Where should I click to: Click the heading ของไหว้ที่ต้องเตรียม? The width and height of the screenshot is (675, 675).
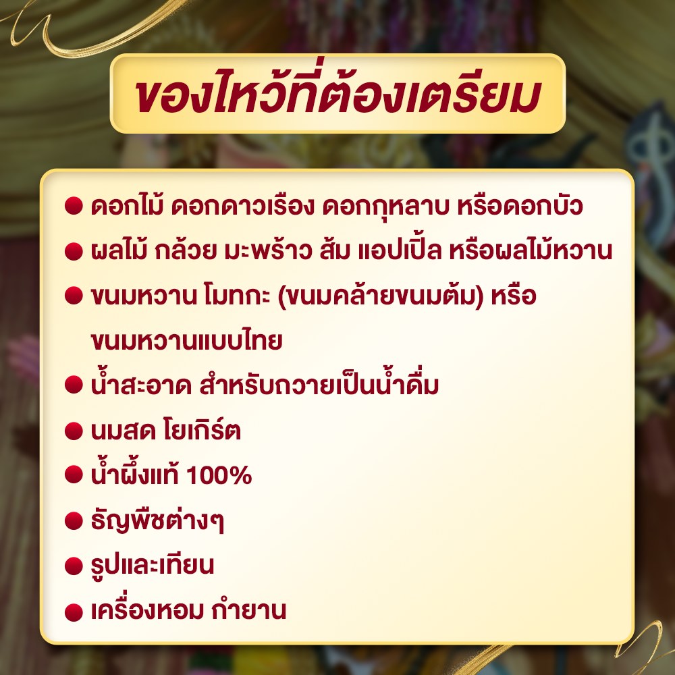point(338,93)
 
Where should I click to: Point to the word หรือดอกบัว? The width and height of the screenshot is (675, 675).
point(520,207)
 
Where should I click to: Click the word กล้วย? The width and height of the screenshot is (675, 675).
point(185,250)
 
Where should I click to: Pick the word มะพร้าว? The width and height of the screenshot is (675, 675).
point(268,250)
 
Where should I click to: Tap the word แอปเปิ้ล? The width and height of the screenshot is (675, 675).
point(400,250)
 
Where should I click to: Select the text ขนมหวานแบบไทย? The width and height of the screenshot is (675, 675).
point(187,340)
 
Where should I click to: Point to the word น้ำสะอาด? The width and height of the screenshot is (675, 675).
point(141,385)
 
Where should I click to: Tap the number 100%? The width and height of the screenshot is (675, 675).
point(219,475)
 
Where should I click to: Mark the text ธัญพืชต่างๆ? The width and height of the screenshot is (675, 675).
point(157,520)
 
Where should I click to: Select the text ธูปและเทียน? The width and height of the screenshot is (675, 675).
point(153,565)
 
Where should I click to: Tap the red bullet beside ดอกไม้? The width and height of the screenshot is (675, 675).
point(74,206)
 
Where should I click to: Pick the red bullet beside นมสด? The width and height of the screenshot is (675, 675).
point(74,431)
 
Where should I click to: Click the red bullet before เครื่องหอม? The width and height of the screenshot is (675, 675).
point(74,612)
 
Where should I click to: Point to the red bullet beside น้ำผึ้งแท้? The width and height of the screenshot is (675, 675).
point(74,474)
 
